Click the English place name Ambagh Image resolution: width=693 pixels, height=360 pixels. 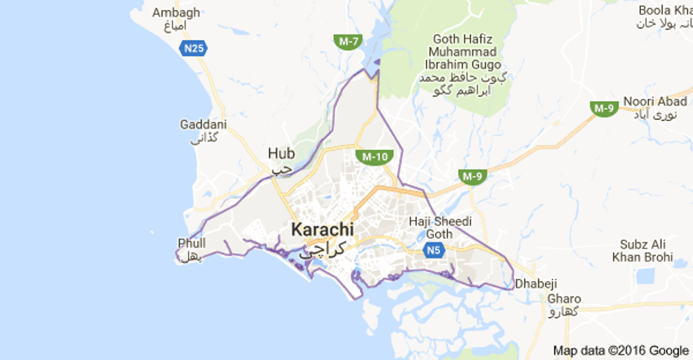click(x=176, y=13)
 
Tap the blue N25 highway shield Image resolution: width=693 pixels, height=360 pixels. click(x=194, y=48)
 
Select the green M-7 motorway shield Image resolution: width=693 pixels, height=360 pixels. click(x=349, y=41)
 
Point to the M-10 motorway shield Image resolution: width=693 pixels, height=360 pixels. click(x=374, y=157)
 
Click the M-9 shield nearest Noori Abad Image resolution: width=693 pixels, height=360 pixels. click(x=604, y=108)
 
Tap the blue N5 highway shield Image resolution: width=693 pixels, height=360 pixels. click(x=434, y=251)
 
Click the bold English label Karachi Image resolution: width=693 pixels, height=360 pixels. click(x=322, y=229)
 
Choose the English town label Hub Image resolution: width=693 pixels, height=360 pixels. click(x=281, y=153)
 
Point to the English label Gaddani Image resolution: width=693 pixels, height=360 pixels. click(x=203, y=125)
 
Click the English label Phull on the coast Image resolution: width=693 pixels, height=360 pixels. click(x=192, y=243)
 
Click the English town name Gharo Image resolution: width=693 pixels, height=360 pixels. click(x=564, y=298)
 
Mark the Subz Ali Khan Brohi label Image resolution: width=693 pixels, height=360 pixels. click(x=642, y=250)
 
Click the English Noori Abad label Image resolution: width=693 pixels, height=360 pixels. click(x=654, y=102)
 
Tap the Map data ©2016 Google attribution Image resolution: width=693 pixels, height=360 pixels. click(x=619, y=351)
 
